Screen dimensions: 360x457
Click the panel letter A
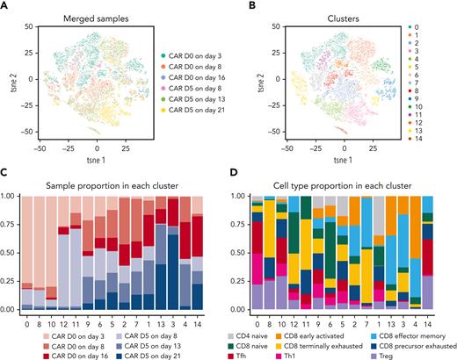pos(5,6)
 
